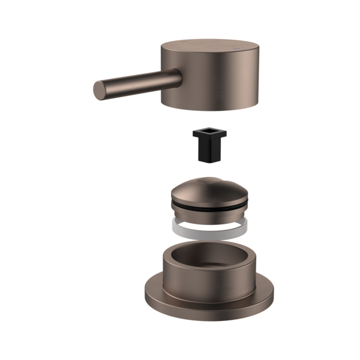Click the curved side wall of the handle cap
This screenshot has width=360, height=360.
tap(210, 84)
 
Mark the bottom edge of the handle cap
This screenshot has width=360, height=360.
tap(210, 108)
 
